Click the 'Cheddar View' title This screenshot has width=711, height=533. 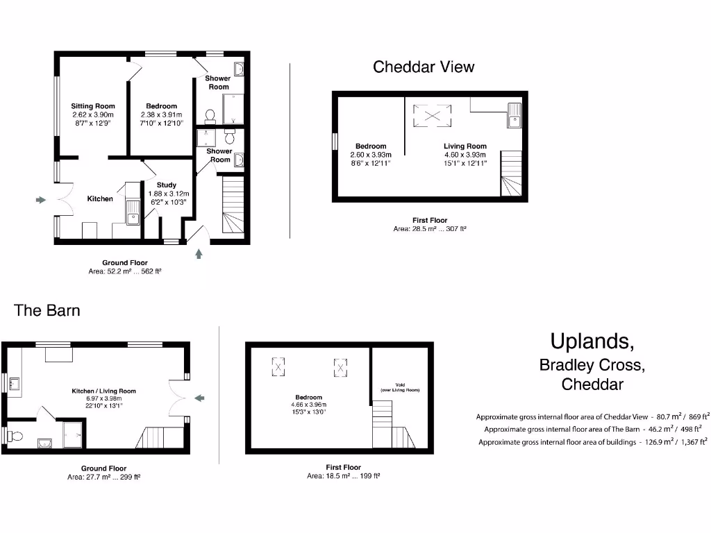(424, 67)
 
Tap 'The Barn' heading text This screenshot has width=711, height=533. (47, 310)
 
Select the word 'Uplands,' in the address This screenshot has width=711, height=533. (592, 341)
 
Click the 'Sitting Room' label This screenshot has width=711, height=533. (92, 106)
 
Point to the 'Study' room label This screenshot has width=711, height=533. (156, 185)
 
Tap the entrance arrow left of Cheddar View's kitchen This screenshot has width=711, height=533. (41, 200)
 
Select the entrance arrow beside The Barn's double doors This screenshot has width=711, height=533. (200, 398)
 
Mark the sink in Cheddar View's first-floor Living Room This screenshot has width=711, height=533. (513, 115)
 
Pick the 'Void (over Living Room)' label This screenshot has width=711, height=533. (400, 388)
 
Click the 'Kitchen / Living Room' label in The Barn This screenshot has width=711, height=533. (104, 391)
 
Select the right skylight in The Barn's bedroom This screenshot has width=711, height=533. (340, 366)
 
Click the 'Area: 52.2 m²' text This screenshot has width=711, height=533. (125, 272)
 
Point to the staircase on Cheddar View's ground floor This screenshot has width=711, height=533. (233, 205)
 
